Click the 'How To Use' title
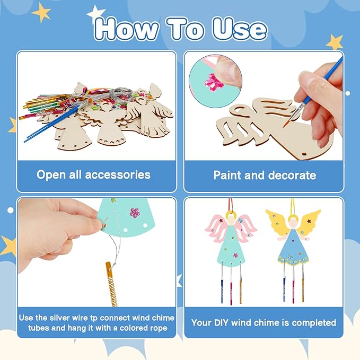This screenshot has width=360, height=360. [180, 29]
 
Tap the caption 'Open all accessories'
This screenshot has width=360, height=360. [93, 174]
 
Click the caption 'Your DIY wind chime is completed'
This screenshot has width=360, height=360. [264, 322]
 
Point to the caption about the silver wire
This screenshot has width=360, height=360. [96, 322]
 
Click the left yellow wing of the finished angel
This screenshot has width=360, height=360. [276, 223]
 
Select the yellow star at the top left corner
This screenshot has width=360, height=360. [41, 12]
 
